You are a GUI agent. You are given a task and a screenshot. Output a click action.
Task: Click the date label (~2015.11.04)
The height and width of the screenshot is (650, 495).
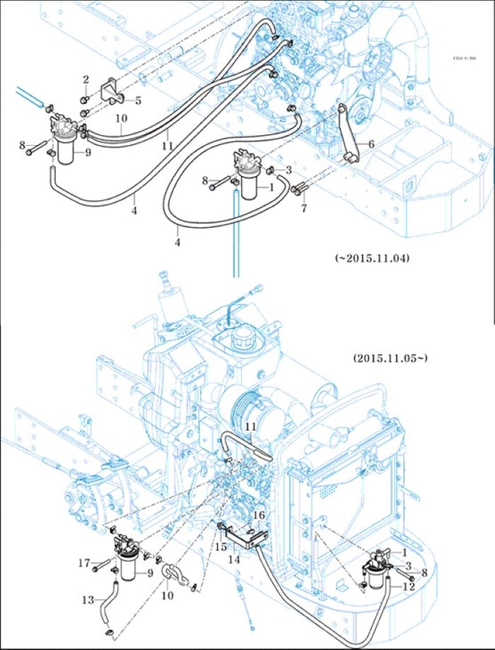click(371, 258)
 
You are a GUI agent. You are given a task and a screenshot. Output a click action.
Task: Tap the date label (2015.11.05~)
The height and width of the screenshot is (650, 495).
click(390, 359)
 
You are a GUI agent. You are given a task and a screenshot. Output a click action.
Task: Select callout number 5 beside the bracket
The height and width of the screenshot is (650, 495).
click(138, 100)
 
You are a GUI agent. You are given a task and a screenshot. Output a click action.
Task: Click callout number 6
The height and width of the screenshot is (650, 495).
click(371, 143)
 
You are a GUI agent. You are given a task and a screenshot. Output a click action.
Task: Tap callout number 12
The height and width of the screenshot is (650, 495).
click(409, 586)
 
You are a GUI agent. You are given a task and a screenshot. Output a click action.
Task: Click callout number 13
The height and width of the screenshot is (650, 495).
click(88, 600)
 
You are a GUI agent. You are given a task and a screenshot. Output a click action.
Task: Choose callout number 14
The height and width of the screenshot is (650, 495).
click(233, 558)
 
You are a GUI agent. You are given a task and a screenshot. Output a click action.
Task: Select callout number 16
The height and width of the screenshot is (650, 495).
click(259, 515)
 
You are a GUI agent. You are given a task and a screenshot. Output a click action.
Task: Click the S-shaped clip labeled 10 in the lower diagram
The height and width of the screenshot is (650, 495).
click(174, 574)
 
